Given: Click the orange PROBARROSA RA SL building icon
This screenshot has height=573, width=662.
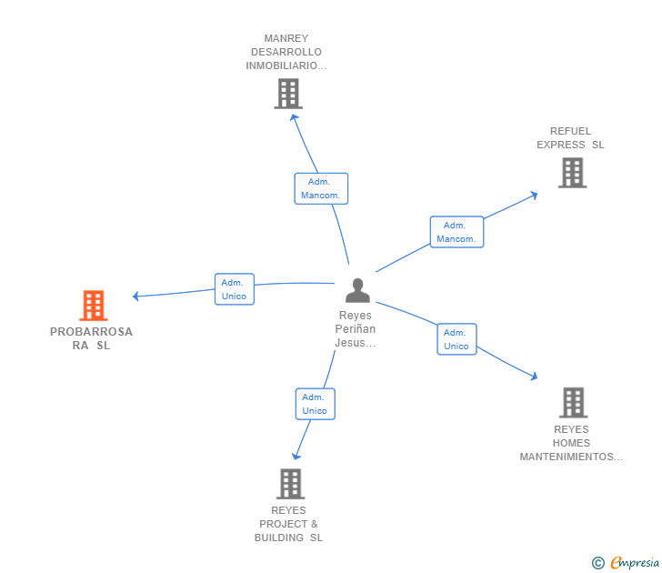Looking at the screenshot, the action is (x=94, y=306).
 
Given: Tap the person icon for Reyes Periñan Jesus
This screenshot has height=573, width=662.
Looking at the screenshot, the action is (x=357, y=290).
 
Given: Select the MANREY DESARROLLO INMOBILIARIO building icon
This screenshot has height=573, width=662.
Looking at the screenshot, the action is (x=288, y=94).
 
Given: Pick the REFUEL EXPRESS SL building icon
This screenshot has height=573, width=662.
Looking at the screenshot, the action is (x=573, y=172).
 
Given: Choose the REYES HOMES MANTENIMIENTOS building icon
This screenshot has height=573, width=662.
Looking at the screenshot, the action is (x=573, y=402).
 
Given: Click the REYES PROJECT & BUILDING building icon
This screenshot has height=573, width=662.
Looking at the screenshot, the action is (x=290, y=484).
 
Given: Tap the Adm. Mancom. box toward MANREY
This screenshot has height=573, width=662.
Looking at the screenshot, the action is (x=321, y=188).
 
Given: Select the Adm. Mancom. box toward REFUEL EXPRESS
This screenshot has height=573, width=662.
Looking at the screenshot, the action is (x=456, y=232).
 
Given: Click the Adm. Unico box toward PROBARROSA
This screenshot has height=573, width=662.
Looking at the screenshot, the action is (x=235, y=289).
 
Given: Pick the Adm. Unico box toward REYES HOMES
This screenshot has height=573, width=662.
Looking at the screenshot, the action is (x=456, y=339).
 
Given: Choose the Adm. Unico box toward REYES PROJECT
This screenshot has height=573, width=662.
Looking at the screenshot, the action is (x=315, y=404).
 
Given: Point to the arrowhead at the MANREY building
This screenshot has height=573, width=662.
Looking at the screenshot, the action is (x=294, y=117).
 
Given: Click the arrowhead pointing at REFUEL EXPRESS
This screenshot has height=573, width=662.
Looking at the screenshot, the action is (x=534, y=195).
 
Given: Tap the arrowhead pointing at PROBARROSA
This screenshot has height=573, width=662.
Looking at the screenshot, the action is (x=135, y=296).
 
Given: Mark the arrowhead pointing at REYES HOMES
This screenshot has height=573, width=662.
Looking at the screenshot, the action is (x=534, y=376).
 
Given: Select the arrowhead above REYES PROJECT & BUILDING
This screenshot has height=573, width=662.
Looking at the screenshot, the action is (x=296, y=456).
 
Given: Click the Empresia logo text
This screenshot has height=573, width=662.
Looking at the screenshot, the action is (x=635, y=563).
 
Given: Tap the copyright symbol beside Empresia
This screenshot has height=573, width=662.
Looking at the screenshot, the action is (x=597, y=563).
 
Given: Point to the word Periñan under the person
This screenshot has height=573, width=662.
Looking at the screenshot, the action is (x=355, y=329).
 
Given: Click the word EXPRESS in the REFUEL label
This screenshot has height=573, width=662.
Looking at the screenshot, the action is (x=561, y=145).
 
